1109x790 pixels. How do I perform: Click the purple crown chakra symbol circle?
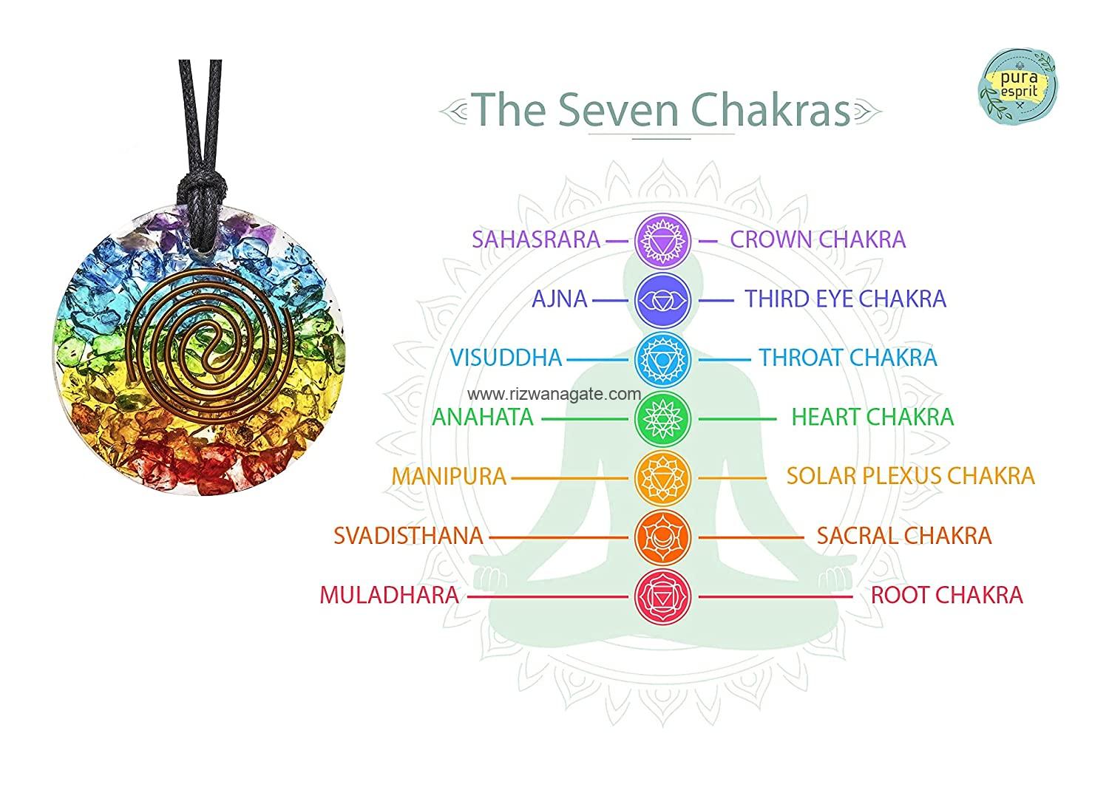coord(662,241)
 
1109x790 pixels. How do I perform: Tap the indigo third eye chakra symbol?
coord(662,300)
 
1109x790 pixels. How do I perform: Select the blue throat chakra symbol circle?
coord(662,359)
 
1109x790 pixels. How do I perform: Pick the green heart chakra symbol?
coord(662,419)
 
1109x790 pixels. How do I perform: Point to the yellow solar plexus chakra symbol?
coord(662,478)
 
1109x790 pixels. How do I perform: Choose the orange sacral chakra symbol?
coord(662,537)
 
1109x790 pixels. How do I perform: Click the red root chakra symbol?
coord(662,597)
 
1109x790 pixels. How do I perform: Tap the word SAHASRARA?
coord(536,239)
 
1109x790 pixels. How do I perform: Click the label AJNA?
coord(560,299)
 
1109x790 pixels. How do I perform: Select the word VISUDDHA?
coord(506,358)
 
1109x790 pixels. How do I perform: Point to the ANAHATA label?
coord(483,418)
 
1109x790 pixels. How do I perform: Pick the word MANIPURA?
coord(449,477)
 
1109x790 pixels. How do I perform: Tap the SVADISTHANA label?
coord(408,536)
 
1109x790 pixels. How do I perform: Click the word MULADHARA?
coord(389,595)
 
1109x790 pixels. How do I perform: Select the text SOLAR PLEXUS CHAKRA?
coord(911,476)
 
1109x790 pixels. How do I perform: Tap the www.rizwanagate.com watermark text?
coord(554,395)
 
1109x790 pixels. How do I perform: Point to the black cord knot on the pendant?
coord(202,191)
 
